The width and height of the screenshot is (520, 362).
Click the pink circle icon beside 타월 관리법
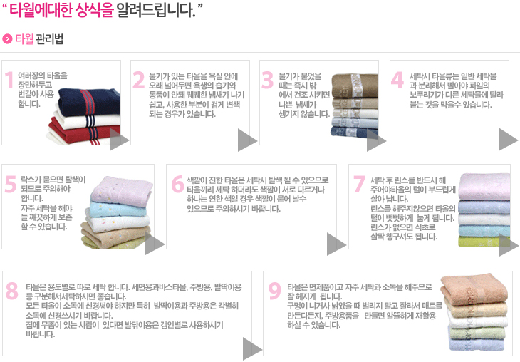tap(7, 38)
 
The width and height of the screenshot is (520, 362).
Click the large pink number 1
tap(9, 81)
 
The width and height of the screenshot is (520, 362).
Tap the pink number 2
tap(139, 81)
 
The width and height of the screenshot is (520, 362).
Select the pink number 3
tap(267, 81)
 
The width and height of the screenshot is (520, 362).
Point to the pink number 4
tap(397, 81)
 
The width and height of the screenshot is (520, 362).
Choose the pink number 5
tap(11, 184)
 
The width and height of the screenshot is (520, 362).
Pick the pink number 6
tap(178, 184)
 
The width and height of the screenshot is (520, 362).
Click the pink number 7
tap(359, 184)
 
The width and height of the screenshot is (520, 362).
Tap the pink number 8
tap(12, 291)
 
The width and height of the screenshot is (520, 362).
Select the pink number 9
tap(274, 291)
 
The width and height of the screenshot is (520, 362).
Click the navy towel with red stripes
tap(89, 101)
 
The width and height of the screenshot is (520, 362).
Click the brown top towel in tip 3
tap(355, 86)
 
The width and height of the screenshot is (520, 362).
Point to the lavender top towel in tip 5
tap(121, 190)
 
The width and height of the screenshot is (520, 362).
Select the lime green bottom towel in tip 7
tap(484, 242)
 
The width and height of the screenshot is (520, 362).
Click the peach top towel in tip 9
tap(474, 288)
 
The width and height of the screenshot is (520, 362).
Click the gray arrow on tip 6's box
tap(336, 244)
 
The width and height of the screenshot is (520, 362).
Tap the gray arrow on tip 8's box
tap(252, 348)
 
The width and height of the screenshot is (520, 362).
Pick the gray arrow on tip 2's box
tap(247, 140)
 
